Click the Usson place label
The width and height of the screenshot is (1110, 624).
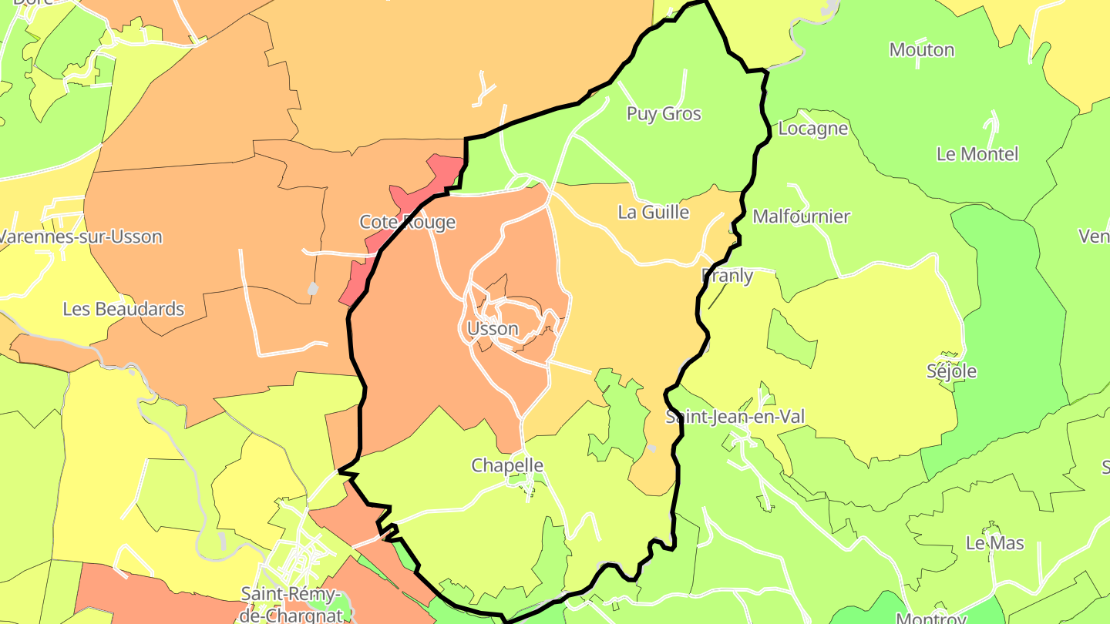click(x=493, y=329)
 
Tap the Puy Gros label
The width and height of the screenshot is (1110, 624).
click(x=664, y=114)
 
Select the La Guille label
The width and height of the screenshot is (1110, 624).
click(x=654, y=212)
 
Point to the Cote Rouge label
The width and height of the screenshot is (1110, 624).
click(x=408, y=223)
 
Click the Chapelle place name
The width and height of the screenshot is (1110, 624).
click(x=507, y=465)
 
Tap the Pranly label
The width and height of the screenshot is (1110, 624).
click(x=727, y=275)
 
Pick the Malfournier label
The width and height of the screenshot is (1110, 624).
click(x=801, y=216)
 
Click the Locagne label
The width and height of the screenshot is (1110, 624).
click(x=812, y=129)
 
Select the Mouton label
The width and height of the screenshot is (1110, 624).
click(x=921, y=50)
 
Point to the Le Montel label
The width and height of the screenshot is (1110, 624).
click(x=977, y=154)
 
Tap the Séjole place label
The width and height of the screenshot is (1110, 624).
click(x=951, y=371)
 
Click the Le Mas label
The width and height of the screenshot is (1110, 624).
click(x=994, y=543)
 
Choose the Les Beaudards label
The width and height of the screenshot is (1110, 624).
click(x=123, y=309)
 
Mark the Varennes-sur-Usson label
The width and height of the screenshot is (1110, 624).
click(x=81, y=237)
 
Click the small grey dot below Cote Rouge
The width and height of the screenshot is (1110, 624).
click(x=313, y=289)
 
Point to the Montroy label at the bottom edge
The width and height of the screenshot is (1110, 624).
click(x=931, y=619)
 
